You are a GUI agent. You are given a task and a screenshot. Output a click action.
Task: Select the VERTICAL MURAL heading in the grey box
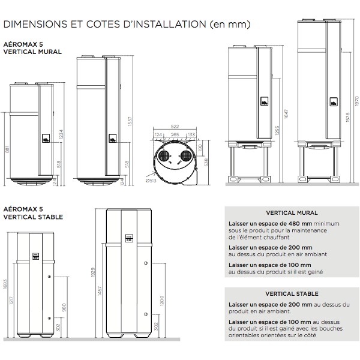pos(292,213)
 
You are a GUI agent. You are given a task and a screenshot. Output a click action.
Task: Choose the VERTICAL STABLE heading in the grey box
pos(292,294)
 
